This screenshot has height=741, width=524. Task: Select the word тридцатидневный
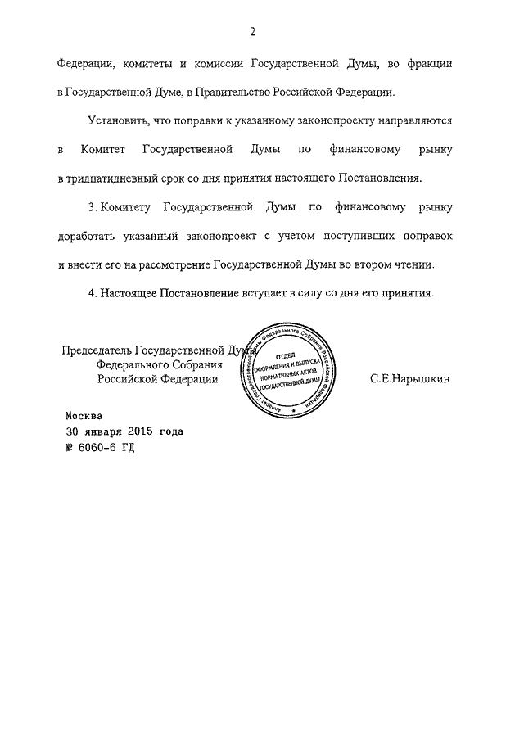coord(119,178)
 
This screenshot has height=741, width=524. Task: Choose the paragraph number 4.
coord(92,292)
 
